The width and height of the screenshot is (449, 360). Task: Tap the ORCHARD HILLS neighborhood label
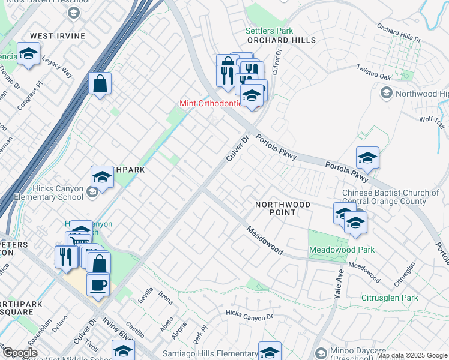(x=281, y=40)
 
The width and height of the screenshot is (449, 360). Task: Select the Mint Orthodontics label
(x=211, y=103)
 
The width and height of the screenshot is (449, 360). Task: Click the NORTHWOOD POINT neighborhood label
(x=283, y=208)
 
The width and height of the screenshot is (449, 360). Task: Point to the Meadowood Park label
(x=342, y=250)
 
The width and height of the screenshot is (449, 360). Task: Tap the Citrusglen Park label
(x=390, y=298)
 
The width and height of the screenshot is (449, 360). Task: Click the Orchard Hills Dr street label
(x=399, y=34)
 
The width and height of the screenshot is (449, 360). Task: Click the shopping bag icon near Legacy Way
(x=100, y=83)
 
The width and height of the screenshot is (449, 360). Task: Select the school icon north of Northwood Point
(x=367, y=158)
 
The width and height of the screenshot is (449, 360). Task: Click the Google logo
(x=19, y=353)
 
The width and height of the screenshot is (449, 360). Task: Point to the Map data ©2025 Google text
(x=412, y=355)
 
